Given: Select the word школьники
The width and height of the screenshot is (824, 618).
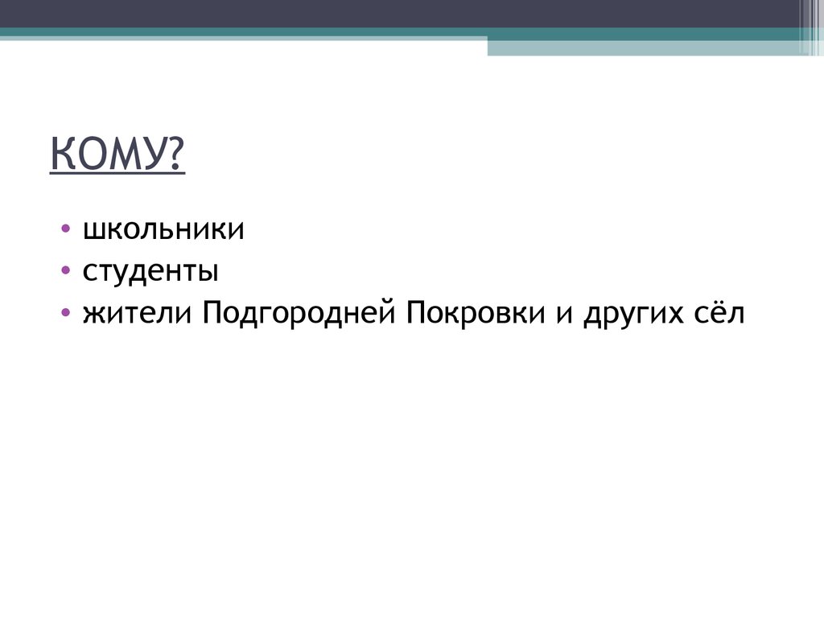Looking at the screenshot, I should [x=163, y=230].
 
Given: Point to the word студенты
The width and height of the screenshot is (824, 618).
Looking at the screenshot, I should [x=150, y=272].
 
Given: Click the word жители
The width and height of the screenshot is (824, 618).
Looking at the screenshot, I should [x=135, y=313].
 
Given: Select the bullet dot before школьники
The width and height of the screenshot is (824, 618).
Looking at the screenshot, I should [x=65, y=230].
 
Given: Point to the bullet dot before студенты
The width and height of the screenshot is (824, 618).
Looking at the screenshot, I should [x=65, y=272].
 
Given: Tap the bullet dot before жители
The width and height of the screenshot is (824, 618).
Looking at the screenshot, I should [x=65, y=313].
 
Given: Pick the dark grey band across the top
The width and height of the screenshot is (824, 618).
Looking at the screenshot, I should [x=402, y=14].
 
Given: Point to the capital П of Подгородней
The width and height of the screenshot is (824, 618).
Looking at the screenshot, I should [x=213, y=312].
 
